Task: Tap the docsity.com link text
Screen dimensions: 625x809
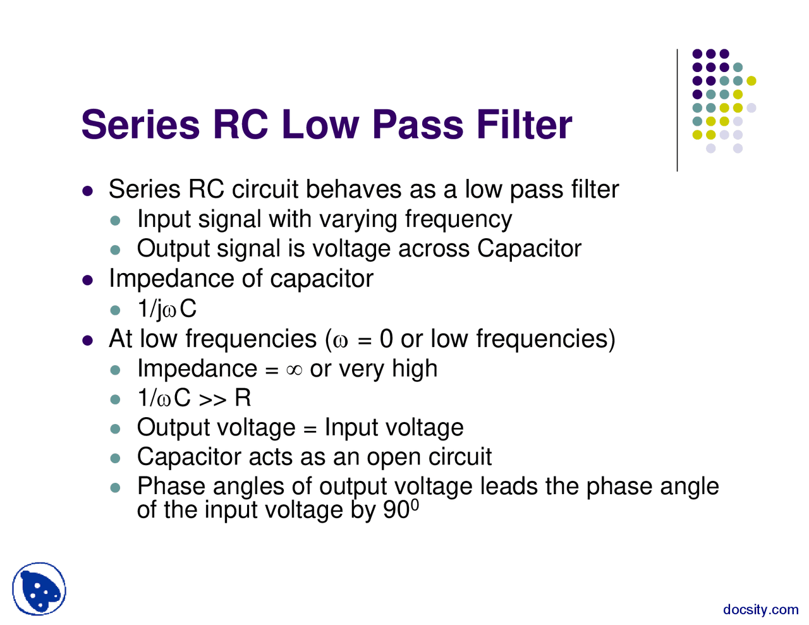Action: [760, 610]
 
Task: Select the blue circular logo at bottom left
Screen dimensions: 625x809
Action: [39, 589]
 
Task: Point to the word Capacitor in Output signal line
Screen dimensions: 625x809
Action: [528, 249]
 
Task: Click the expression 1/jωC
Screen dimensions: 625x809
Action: [167, 309]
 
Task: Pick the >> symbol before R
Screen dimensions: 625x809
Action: [213, 399]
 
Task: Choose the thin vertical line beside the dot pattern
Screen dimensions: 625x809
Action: [678, 111]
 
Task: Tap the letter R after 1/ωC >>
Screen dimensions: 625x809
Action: [243, 398]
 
